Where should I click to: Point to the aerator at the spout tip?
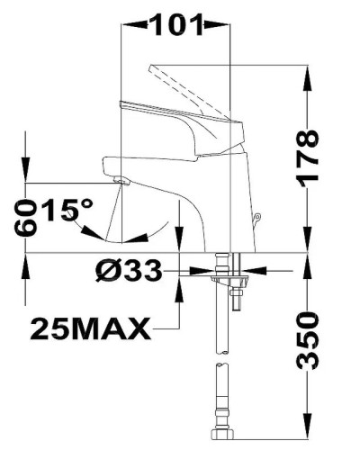coord(121,181)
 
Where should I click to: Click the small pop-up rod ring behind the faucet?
coord(257,215)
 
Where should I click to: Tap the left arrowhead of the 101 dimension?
coord(125,24)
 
